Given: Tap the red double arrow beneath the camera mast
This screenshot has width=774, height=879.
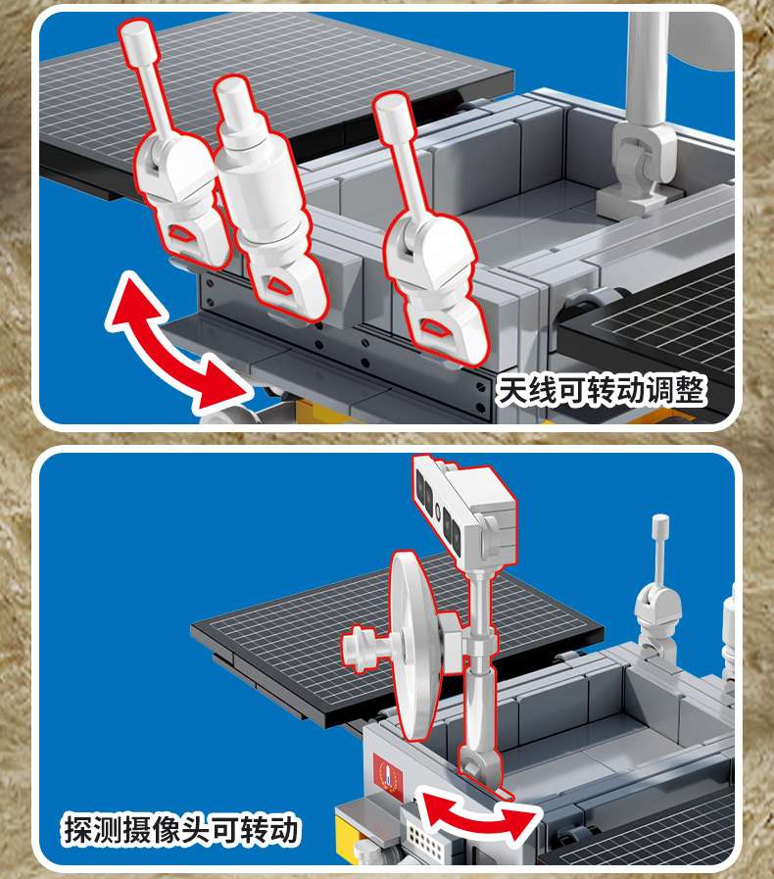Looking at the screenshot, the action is click(x=480, y=818).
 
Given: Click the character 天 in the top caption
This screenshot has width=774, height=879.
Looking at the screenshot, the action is click(x=512, y=391).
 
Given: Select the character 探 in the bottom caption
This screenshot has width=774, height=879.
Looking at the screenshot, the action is click(x=78, y=829).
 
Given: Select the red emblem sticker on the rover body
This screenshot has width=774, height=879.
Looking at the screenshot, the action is click(x=387, y=776).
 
